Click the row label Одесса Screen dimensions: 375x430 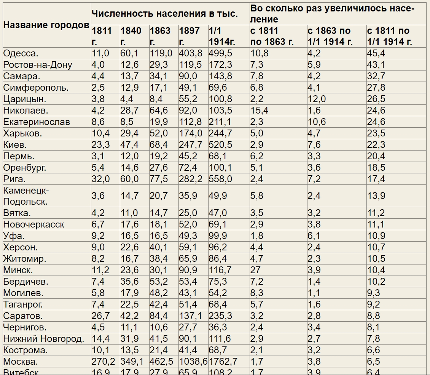point(21,53)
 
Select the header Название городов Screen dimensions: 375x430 point(46,25)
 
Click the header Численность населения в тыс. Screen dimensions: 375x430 point(164,14)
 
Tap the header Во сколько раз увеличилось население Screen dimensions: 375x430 point(332,14)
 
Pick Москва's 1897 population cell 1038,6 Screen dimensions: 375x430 point(193,362)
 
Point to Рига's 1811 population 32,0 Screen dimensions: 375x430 point(100,179)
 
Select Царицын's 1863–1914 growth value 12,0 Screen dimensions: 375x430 point(317,99)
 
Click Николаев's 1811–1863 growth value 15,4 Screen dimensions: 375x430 point(259,111)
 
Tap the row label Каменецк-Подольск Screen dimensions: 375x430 point(25,196)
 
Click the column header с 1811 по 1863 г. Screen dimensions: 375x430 point(272,36)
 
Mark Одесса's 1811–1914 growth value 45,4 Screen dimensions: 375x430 point(376,53)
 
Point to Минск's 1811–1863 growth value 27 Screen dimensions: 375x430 point(255,270)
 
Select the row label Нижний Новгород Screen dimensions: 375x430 point(43,339)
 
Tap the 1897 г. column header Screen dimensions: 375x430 point(189,36)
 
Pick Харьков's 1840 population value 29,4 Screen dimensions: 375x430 point(129,133)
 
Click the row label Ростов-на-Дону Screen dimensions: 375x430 point(37,65)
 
